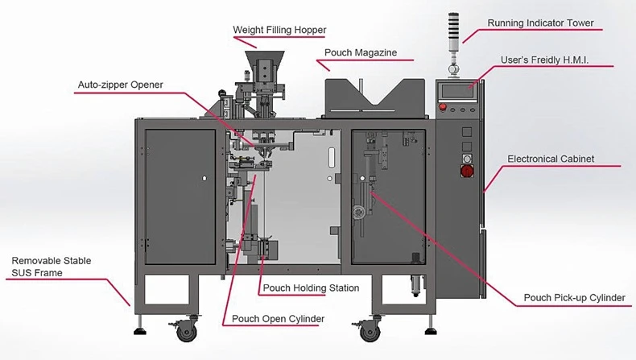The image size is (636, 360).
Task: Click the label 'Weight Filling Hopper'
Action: [x=279, y=30]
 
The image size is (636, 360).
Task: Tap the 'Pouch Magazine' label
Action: [x=361, y=53]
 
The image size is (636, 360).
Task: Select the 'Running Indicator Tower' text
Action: [x=540, y=23]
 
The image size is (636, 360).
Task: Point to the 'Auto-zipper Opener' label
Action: [x=121, y=85]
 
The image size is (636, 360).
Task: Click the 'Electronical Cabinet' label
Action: [x=551, y=159]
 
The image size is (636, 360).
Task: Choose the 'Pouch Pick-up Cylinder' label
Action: [x=574, y=298]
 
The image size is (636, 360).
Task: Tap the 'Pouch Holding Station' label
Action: [x=311, y=288]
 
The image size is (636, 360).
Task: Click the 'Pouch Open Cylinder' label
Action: [x=278, y=319]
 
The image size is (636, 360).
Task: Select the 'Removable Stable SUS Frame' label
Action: [x=51, y=267]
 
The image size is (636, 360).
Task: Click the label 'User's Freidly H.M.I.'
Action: [x=544, y=60]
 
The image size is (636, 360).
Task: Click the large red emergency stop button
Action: [x=467, y=171]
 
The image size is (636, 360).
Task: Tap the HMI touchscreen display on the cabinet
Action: [x=457, y=91]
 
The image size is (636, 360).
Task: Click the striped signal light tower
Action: [x=452, y=32]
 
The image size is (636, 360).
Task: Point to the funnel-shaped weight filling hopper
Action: [x=264, y=66]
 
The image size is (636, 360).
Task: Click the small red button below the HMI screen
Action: [x=443, y=108]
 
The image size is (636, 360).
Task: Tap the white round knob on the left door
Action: [x=204, y=178]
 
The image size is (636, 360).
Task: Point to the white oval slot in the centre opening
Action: [x=332, y=158]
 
